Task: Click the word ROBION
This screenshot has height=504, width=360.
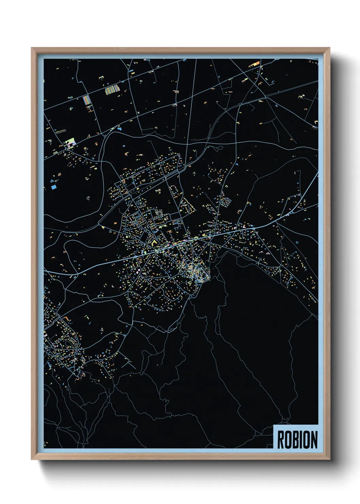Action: coord(297,439)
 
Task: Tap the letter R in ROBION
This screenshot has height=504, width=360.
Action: coord(281,439)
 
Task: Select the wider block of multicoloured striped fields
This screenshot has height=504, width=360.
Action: coord(112,89)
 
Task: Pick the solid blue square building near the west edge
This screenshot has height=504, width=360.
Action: coord(53,187)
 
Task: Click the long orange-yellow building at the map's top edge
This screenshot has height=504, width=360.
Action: coord(254,63)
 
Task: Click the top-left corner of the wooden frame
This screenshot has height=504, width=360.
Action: coord(32,48)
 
